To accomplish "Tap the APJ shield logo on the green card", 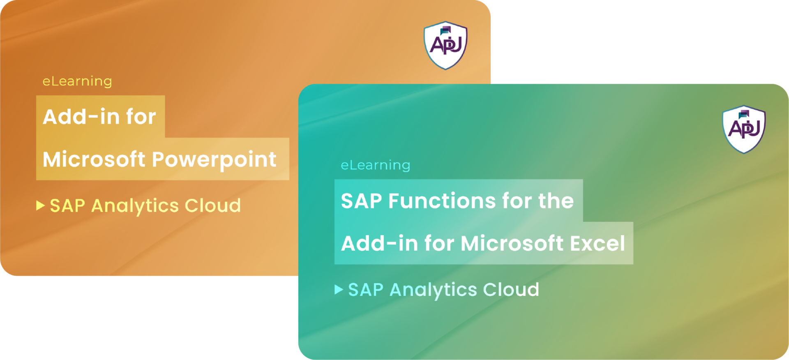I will coord(744,129).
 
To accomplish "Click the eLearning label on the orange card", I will coord(77,81).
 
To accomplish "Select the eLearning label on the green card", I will coord(376,165).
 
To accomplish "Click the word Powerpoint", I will coord(214,159).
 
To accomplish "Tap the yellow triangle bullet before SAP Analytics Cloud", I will coord(40,205).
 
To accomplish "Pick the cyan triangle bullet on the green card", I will coord(339,289).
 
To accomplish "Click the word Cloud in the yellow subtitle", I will coord(212,205).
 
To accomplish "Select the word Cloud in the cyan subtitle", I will coord(511,289).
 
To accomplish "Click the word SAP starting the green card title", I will coord(362,201).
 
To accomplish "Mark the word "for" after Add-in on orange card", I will coord(141,117).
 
